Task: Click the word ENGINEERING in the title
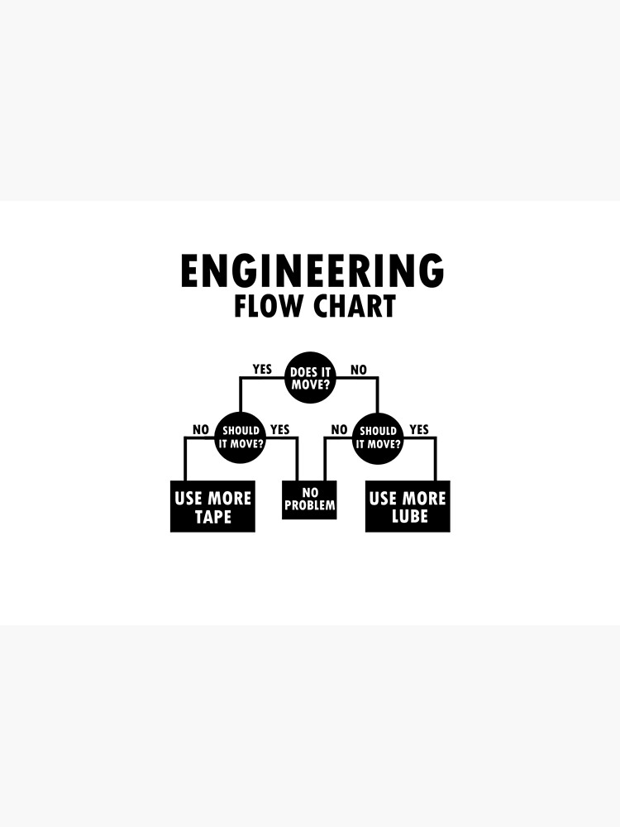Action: (312, 271)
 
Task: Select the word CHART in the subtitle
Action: (354, 307)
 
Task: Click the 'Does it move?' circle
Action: (310, 378)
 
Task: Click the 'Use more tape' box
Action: (212, 506)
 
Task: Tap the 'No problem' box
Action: (309, 500)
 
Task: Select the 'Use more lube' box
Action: (408, 506)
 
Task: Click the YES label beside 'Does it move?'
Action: (262, 370)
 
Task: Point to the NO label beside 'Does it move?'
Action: (358, 370)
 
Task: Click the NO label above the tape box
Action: (201, 429)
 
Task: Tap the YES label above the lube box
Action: (419, 429)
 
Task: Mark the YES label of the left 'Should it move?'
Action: (280, 429)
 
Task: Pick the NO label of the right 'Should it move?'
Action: (339, 429)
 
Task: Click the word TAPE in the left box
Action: (212, 518)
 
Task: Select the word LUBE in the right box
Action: (408, 518)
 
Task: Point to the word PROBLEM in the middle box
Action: (309, 505)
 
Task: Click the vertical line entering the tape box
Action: (184, 460)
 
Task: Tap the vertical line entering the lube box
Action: (436, 460)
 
